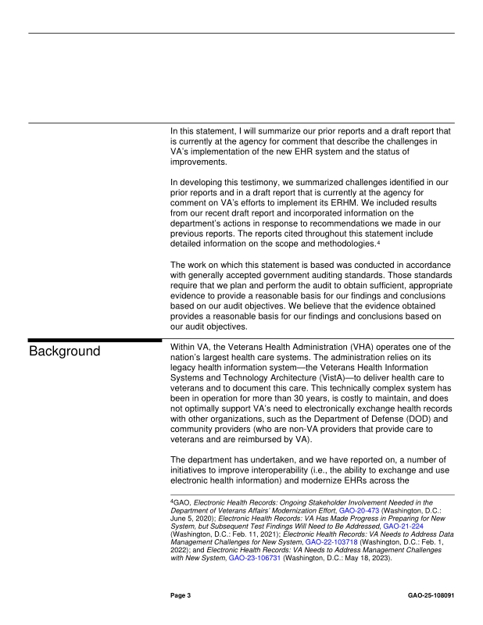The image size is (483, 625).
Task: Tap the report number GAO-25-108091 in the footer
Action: (x=431, y=595)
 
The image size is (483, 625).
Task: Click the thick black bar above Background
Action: (x=93, y=339)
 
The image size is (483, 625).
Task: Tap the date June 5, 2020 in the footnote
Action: (x=196, y=520)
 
